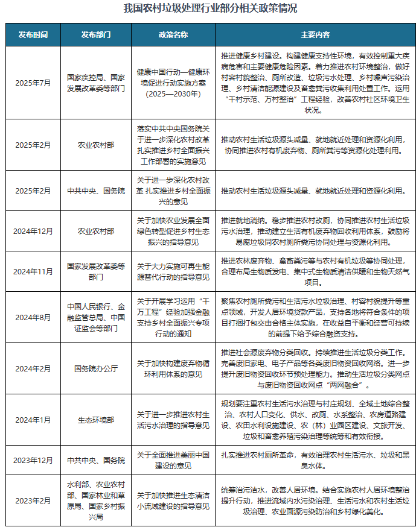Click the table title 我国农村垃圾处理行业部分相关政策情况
coord(210,10)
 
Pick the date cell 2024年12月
coord(33,231)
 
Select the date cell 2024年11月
coord(33,272)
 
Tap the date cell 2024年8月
coord(33,317)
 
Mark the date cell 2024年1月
coord(33,420)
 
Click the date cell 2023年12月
coord(33,461)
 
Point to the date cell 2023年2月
coord(33,501)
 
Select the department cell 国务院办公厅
coord(96,368)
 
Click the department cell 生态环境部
coord(96,420)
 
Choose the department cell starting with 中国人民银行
coord(96,317)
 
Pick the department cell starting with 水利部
coord(96,501)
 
